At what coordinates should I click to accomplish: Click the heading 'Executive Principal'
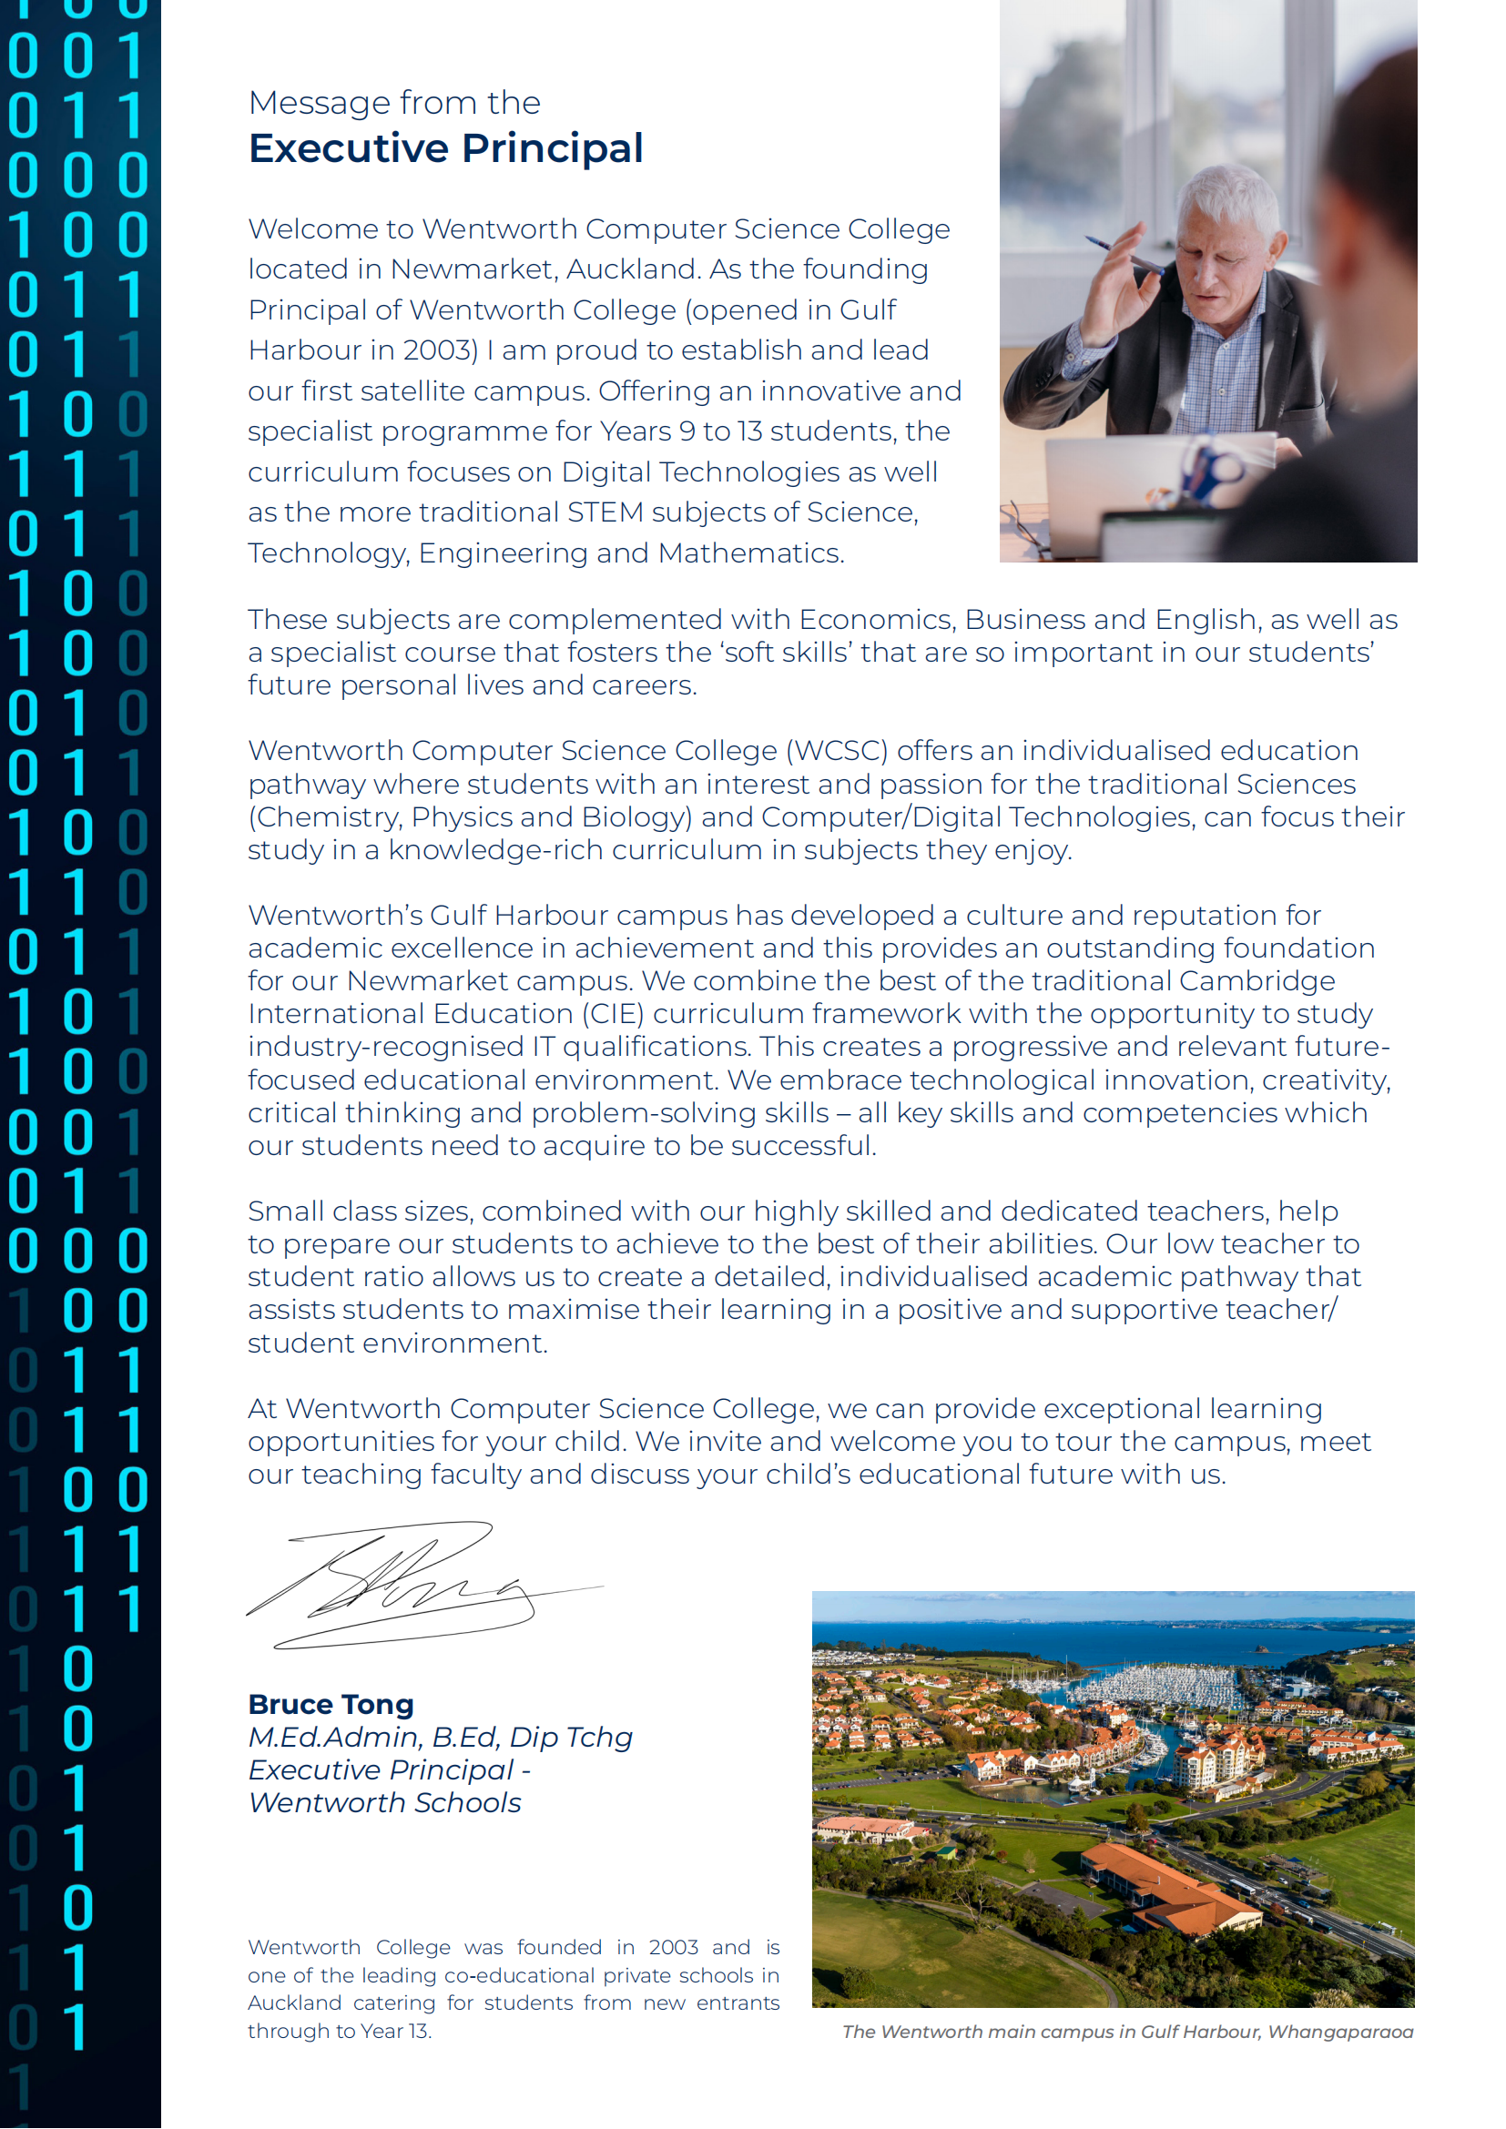pos(445,148)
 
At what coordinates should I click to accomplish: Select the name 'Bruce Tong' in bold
pos(331,1704)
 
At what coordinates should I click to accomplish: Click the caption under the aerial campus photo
pos(1126,2032)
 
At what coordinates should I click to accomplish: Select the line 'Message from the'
pos(394,102)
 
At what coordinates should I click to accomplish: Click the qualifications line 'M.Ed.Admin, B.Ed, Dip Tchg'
pos(441,1737)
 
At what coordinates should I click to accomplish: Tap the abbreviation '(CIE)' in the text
pos(613,1013)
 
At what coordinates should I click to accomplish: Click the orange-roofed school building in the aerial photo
pos(1173,1887)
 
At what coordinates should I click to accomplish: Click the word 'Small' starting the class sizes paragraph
pos(286,1211)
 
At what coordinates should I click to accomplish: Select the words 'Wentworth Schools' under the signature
pos(385,1802)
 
